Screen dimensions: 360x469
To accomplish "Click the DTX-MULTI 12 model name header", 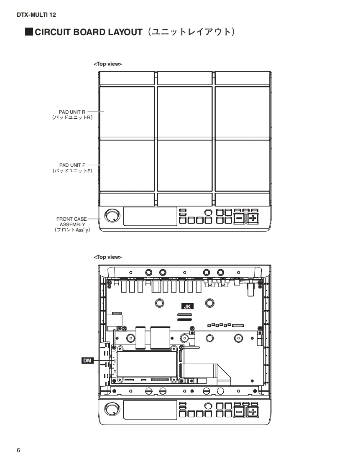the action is click(x=36, y=15).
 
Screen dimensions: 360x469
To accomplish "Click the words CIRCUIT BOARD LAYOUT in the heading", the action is click(x=89, y=32).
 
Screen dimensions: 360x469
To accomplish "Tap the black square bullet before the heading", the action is click(x=29, y=32).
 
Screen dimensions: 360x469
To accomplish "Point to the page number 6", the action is click(x=18, y=451).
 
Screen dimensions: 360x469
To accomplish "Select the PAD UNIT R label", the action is click(x=72, y=112).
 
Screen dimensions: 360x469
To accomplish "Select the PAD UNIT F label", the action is click(x=72, y=165).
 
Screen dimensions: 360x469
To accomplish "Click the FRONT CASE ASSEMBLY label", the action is click(x=72, y=222).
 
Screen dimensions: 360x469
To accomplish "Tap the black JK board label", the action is click(x=187, y=306).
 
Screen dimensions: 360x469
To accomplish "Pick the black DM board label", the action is click(x=87, y=360).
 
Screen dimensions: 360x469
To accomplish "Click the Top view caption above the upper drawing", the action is click(x=108, y=64).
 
